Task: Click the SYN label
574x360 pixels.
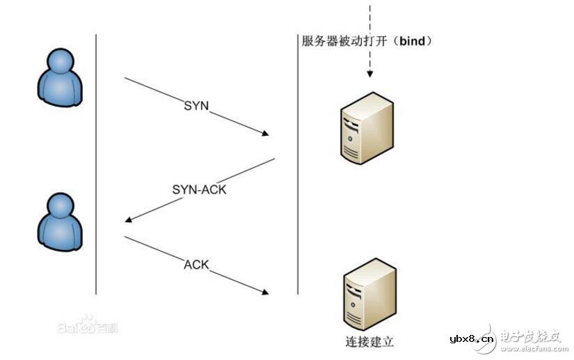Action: [x=196, y=106]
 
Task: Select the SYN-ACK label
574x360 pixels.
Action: [x=199, y=189]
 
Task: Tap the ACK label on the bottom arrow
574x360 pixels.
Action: [x=196, y=265]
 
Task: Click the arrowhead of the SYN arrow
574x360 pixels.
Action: [x=265, y=134]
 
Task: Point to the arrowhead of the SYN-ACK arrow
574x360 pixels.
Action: [x=129, y=221]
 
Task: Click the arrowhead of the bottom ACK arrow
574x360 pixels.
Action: [x=265, y=290]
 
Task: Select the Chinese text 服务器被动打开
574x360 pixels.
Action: [x=342, y=41]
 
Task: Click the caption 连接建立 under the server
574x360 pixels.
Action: [x=369, y=342]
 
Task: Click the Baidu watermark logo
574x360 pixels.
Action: [x=86, y=324]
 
